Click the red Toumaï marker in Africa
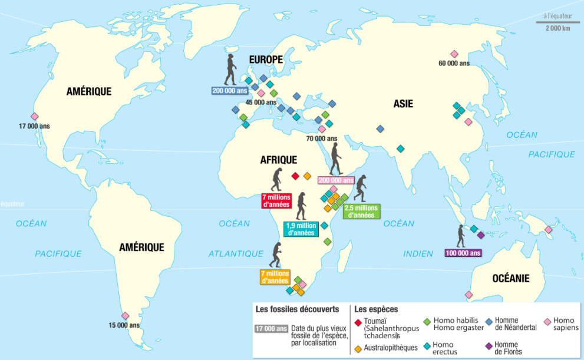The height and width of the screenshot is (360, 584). (x=295, y=176)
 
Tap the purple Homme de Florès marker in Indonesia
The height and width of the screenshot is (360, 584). (x=480, y=235)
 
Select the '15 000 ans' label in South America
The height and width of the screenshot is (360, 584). (x=124, y=325)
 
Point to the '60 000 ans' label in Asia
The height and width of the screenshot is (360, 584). (x=454, y=63)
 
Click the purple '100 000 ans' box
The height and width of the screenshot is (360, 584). (x=463, y=253)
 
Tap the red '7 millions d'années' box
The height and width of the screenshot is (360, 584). (x=276, y=201)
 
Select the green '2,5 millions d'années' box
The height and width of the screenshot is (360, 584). (x=361, y=212)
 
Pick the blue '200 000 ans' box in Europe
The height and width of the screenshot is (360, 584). (x=230, y=90)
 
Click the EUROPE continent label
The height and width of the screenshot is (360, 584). (x=266, y=60)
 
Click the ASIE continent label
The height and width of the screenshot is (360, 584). (x=403, y=104)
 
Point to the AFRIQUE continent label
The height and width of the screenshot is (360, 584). (x=279, y=160)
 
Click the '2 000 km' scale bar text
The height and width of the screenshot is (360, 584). (x=557, y=28)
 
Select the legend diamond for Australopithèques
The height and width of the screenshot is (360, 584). (x=358, y=348)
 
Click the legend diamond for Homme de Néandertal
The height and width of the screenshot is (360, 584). (x=489, y=322)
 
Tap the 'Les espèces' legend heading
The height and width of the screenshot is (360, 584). (x=376, y=309)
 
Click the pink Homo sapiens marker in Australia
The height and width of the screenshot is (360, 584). (x=468, y=294)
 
